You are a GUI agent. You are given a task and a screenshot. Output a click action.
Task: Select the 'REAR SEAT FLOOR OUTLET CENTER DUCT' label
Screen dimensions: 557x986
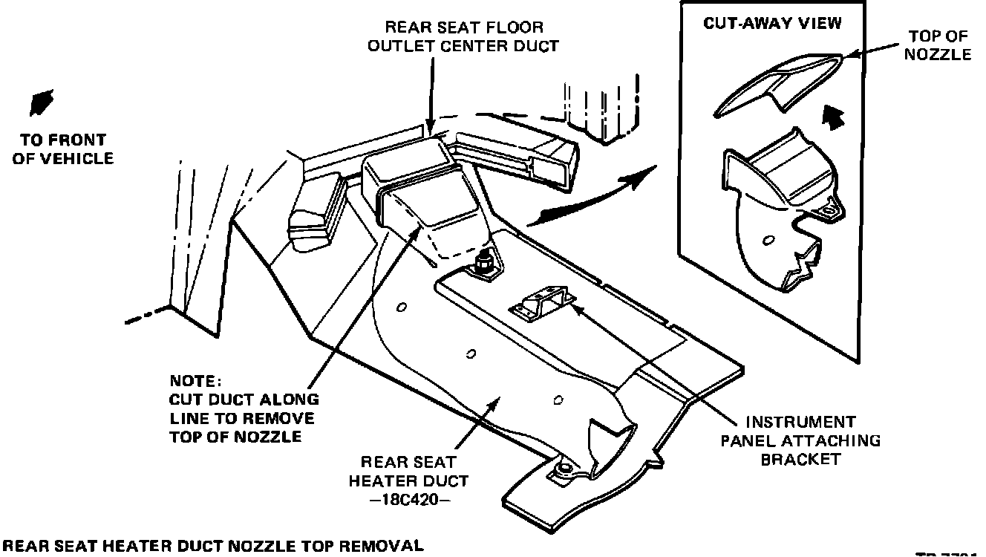pos(472,36)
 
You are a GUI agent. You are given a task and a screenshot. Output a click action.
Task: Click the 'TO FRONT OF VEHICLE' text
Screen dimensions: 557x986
pos(64,149)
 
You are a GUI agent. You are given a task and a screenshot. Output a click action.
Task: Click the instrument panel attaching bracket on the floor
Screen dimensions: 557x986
pos(538,304)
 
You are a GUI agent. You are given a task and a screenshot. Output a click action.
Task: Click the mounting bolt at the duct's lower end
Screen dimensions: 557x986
pos(564,469)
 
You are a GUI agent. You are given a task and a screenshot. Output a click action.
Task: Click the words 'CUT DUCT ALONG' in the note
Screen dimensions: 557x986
pos(244,400)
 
